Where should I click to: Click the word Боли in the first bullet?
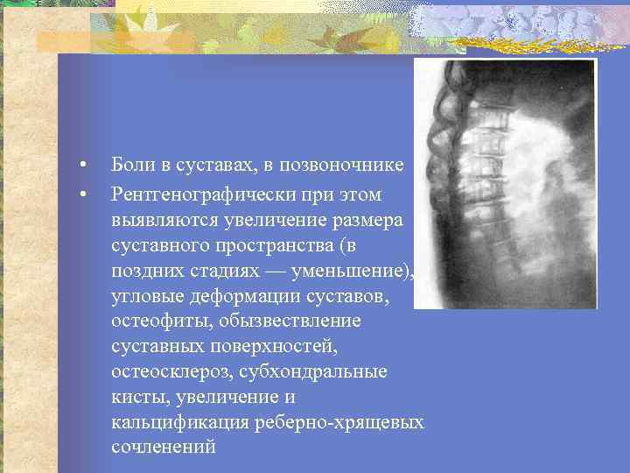click(x=129, y=165)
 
